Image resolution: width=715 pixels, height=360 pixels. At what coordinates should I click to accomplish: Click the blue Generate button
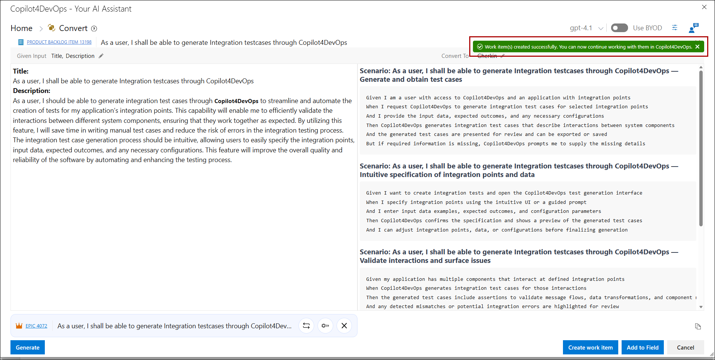coord(28,347)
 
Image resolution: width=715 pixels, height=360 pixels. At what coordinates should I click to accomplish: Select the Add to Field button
coord(643,347)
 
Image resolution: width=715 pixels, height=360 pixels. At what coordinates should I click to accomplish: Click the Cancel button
coord(685,347)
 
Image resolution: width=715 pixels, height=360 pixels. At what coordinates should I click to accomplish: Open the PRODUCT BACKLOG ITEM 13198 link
coord(59,42)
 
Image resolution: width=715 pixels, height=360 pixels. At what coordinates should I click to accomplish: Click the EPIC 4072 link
coord(36,326)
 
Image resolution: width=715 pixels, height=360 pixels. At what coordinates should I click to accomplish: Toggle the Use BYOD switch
coord(619,28)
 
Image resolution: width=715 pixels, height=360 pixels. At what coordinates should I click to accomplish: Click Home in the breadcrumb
coord(22,28)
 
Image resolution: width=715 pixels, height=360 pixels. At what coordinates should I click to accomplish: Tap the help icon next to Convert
coord(94,29)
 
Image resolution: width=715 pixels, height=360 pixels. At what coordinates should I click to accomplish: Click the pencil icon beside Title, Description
coord(101,56)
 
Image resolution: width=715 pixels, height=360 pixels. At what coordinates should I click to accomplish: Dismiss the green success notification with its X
coord(697,47)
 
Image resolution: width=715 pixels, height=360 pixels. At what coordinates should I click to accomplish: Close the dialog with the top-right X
coord(704,7)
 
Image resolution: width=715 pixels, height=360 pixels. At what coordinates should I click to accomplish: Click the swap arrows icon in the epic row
coord(306,326)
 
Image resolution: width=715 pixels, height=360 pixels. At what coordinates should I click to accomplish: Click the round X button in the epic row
coord(344,326)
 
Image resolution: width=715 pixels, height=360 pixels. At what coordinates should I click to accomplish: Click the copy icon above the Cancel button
coord(698,326)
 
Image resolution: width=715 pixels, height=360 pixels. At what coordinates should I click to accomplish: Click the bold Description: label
coord(31,91)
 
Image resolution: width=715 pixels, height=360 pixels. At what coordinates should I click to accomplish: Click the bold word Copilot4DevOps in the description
coord(236,101)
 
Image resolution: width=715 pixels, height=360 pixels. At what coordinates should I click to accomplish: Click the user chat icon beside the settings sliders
coord(693,28)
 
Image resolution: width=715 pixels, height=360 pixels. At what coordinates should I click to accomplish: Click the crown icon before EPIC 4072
coord(19,326)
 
